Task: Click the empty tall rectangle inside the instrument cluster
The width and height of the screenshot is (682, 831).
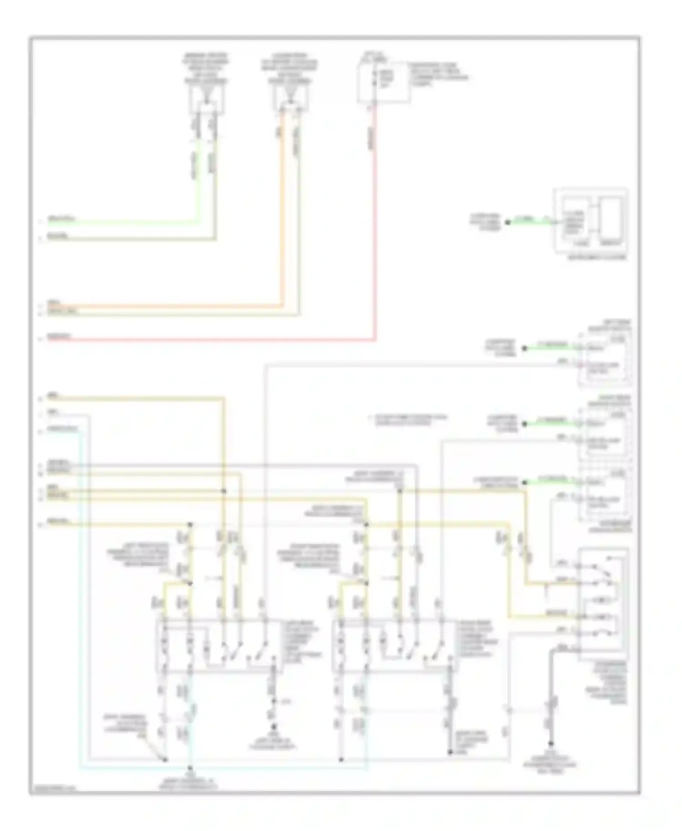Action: point(609,220)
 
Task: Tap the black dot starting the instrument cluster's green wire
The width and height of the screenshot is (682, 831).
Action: point(508,222)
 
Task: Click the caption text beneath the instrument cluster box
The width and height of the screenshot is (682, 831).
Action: point(597,257)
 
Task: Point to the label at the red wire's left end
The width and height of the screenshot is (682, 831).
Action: point(59,337)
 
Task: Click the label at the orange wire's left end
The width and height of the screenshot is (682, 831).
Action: point(57,302)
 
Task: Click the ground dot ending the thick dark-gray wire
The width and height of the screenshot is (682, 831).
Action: point(551,744)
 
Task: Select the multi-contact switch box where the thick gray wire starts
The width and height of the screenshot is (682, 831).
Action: point(603,605)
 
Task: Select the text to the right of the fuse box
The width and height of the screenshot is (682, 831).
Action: point(438,75)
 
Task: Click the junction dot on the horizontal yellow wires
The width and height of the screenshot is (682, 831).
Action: point(223,491)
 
